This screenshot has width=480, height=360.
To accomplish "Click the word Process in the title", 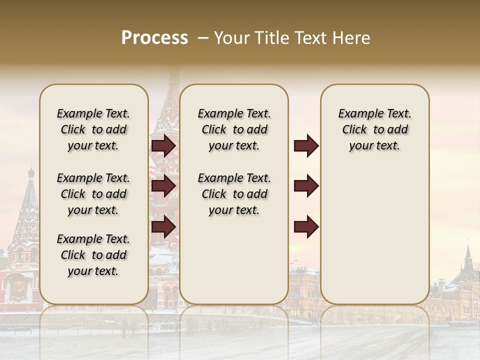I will pyautogui.click(x=154, y=38).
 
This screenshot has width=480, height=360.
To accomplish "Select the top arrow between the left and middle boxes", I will pyautogui.click(x=163, y=145).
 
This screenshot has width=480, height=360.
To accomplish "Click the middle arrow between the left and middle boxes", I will pyautogui.click(x=163, y=185).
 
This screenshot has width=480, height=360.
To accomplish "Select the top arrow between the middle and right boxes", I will pyautogui.click(x=306, y=145).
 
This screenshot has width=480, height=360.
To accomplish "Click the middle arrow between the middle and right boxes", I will pyautogui.click(x=306, y=185).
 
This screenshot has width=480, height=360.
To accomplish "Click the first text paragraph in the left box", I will pyautogui.click(x=93, y=129).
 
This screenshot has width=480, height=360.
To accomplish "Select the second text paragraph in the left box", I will pyautogui.click(x=93, y=194).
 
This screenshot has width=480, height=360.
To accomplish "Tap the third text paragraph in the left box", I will pyautogui.click(x=93, y=255).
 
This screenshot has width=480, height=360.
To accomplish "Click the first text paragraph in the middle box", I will pyautogui.click(x=234, y=129).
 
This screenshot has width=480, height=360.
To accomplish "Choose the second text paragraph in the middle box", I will pyautogui.click(x=234, y=194).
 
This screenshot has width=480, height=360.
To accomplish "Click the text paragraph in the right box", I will pyautogui.click(x=374, y=129).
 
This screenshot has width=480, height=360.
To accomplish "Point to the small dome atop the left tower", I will pyautogui.click(x=31, y=173).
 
